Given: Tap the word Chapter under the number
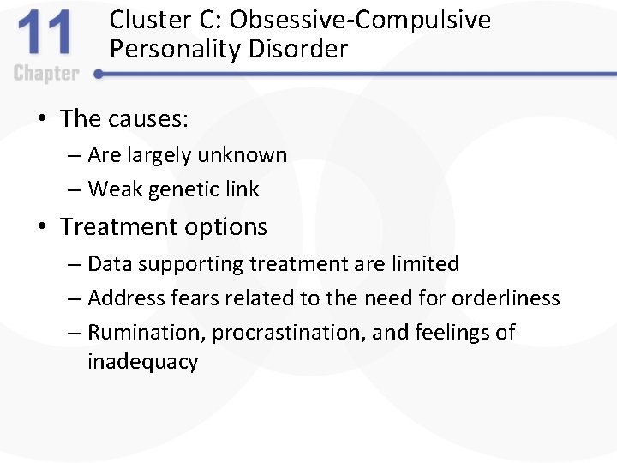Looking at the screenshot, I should [x=46, y=74].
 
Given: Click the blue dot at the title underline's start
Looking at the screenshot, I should [x=98, y=75].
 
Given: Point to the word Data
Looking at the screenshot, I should [x=108, y=264].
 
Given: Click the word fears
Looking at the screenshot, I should [x=184, y=298].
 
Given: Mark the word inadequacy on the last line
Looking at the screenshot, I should [x=142, y=362].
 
